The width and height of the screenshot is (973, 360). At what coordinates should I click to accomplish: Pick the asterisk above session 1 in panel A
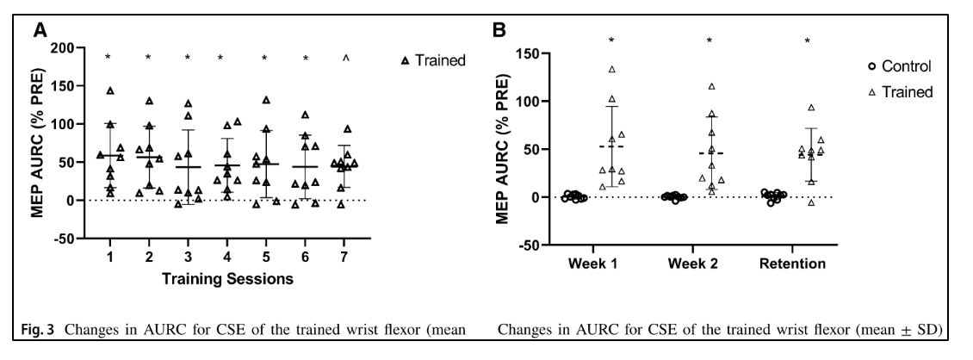click(108, 59)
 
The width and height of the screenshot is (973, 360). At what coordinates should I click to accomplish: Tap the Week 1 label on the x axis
click(590, 262)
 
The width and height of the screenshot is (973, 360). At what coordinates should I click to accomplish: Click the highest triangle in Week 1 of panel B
click(612, 69)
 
